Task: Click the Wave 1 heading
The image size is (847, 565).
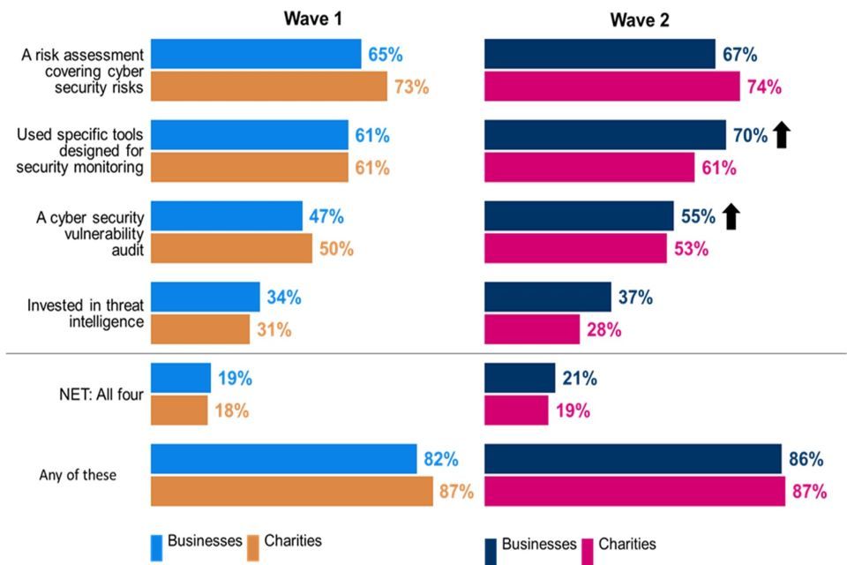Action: click(312, 19)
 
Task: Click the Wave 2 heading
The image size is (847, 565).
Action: click(640, 20)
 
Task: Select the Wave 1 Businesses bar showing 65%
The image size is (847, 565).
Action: click(256, 54)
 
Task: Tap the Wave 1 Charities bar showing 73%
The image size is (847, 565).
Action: click(269, 87)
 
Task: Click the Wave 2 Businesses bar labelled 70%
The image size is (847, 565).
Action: click(604, 135)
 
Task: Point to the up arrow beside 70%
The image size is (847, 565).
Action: click(782, 135)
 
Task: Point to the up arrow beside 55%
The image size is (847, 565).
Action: click(731, 216)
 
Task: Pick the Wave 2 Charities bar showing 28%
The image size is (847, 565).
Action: click(532, 329)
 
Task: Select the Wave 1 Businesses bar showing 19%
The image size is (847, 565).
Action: click(181, 378)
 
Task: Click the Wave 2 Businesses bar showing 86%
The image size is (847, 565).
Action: click(633, 459)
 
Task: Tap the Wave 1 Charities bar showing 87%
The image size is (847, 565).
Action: click(292, 492)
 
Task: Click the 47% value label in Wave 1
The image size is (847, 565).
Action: click(326, 216)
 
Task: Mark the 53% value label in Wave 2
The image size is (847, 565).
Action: click(692, 249)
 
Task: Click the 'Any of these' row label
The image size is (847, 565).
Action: click(78, 475)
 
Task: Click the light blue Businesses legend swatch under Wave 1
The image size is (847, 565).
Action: click(156, 546)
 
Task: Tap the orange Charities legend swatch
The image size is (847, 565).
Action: click(253, 546)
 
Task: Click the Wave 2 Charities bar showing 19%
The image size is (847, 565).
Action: click(516, 411)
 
